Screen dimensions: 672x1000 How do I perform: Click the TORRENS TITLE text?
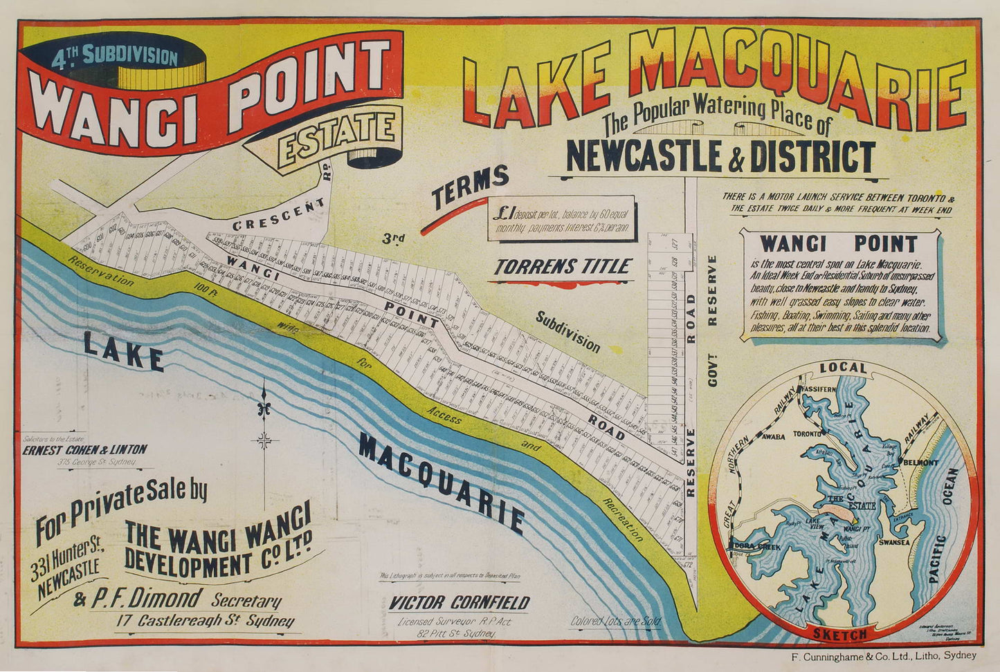563,266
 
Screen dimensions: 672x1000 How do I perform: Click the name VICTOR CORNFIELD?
459,602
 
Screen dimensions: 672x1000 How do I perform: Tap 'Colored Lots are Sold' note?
615,621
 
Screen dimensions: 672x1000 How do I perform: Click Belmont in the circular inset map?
918,462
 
